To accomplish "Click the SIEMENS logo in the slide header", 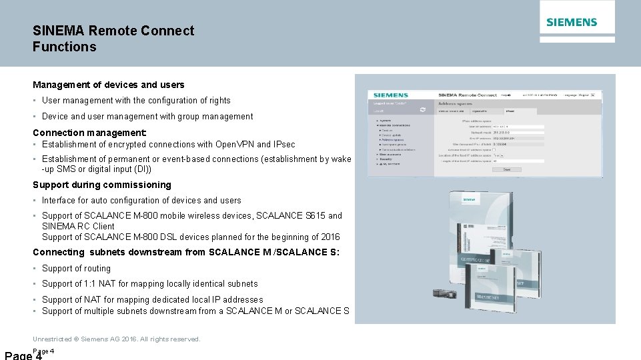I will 572,22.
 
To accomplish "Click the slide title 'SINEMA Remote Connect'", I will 113,31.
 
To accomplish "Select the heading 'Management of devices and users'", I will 108,85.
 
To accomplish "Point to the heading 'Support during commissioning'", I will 101,185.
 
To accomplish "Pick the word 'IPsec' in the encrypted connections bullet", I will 283,144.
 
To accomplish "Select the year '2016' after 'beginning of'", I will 329,237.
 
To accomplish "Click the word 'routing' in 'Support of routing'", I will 95,268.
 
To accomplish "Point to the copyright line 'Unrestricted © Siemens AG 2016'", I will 116,339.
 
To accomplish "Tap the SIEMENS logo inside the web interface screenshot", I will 392,95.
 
